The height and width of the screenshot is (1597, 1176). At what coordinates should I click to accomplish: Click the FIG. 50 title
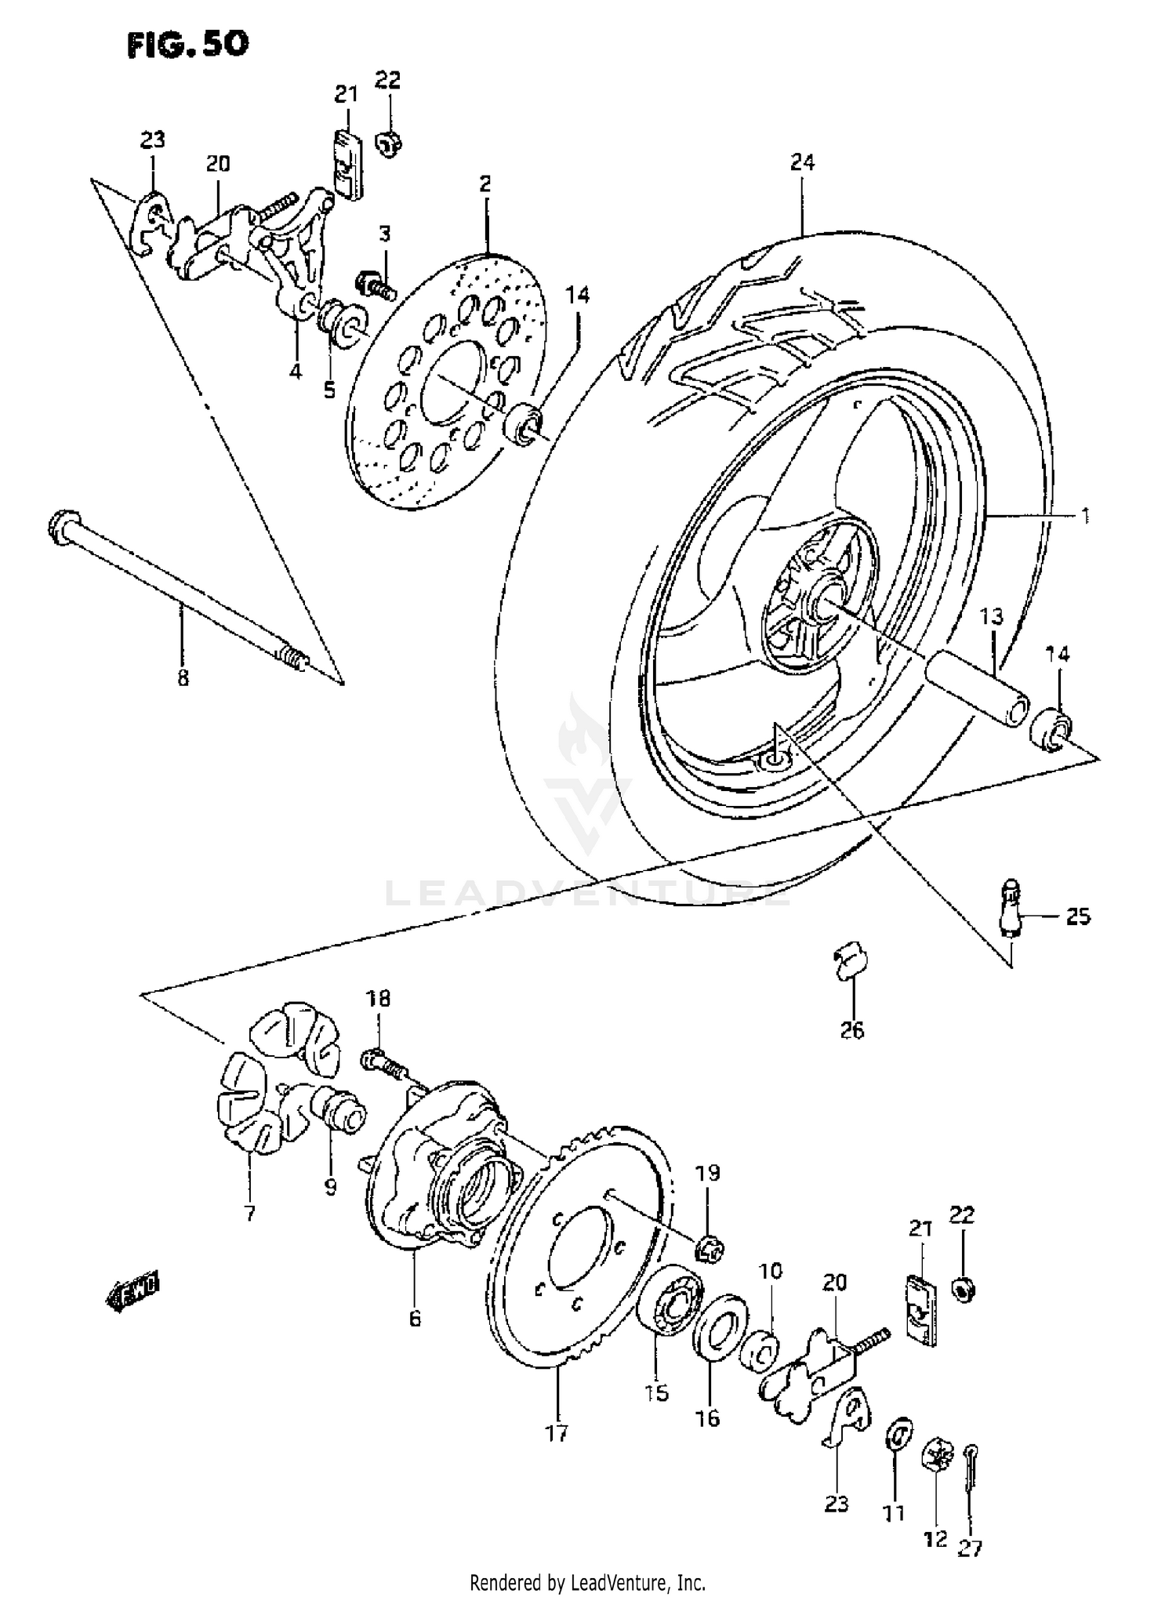pos(188,44)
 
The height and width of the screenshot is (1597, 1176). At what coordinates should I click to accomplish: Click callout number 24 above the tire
pos(803,162)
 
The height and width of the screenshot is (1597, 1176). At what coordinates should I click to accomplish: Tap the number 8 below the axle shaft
pos(183,677)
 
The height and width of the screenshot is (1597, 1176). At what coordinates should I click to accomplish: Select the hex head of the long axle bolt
pos(60,524)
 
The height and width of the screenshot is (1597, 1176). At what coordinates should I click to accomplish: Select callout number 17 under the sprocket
pos(557,1434)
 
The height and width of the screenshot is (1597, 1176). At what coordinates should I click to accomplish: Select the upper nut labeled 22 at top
pos(388,143)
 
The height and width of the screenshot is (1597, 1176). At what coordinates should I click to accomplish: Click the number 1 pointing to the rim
pos(1085,516)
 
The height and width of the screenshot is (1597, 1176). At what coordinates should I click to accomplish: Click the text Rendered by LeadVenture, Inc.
pos(588,1581)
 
